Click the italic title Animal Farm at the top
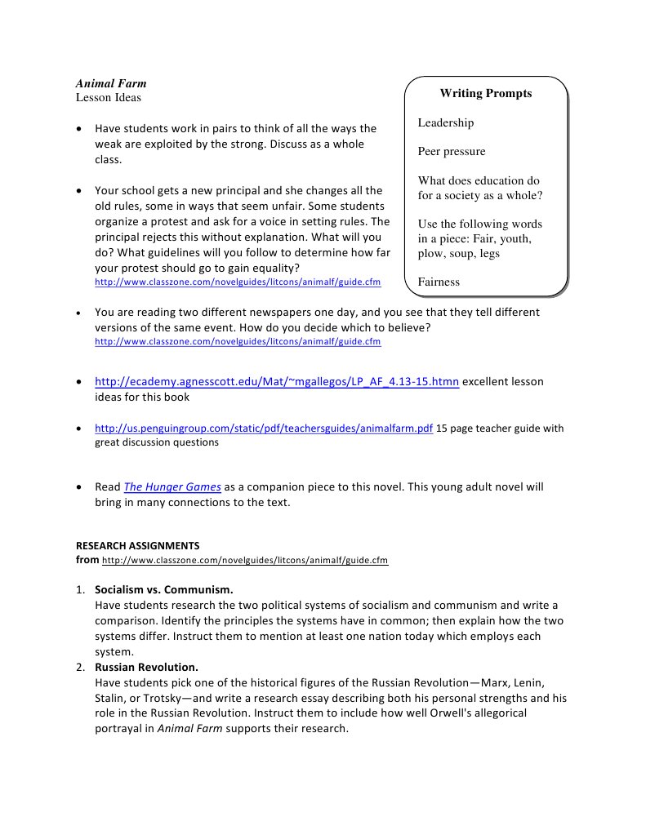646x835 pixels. [x=111, y=83]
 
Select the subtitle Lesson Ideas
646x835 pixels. [x=109, y=97]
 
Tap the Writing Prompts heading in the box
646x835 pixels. [x=485, y=93]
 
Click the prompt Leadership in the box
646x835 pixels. [x=445, y=122]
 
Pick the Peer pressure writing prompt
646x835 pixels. [x=451, y=151]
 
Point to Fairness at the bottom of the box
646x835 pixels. [x=439, y=282]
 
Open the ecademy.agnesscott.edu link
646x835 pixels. [x=277, y=381]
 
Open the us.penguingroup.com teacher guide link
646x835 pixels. [x=264, y=428]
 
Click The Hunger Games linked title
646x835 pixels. [x=172, y=486]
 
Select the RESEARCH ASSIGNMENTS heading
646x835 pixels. [x=137, y=544]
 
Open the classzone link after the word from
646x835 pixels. [x=245, y=560]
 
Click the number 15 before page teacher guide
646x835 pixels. [x=442, y=428]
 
